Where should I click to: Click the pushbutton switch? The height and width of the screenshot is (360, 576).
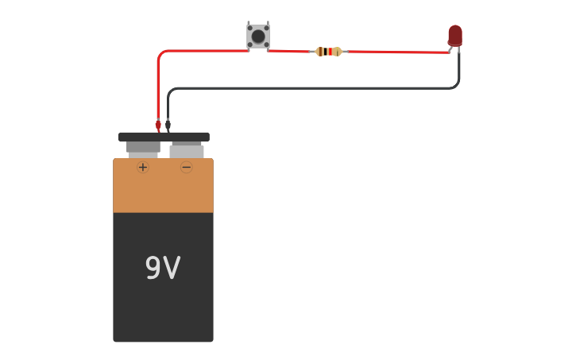click(257, 37)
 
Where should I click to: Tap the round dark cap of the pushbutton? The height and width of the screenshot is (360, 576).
click(257, 37)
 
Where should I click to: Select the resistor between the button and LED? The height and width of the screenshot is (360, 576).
click(328, 52)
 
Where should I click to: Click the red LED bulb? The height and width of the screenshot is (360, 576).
click(454, 35)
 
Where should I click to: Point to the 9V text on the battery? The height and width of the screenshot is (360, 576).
click(163, 269)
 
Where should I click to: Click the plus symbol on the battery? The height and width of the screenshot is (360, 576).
click(143, 167)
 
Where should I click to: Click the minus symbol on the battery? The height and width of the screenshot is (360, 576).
click(186, 167)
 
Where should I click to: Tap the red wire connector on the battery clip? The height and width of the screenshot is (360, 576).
click(158, 125)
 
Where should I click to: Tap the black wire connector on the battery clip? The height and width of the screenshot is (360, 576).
click(168, 125)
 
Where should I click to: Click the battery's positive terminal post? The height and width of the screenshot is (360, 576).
click(143, 149)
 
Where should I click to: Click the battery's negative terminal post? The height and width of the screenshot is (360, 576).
click(187, 150)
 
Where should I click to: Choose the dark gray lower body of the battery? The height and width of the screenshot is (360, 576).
click(163, 310)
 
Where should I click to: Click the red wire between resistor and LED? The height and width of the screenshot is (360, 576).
click(397, 52)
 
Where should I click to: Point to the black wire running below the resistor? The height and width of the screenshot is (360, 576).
click(318, 88)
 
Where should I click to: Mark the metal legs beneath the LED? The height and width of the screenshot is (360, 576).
click(454, 49)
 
